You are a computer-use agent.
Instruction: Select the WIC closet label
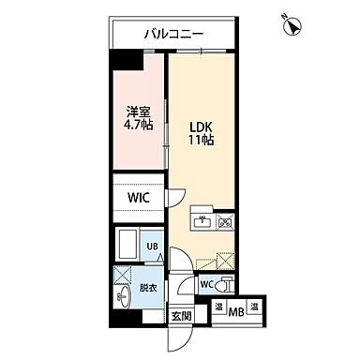coord(139,198)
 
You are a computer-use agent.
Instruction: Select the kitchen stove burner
coord(225,223)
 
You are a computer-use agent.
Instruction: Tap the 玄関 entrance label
coord(180,316)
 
